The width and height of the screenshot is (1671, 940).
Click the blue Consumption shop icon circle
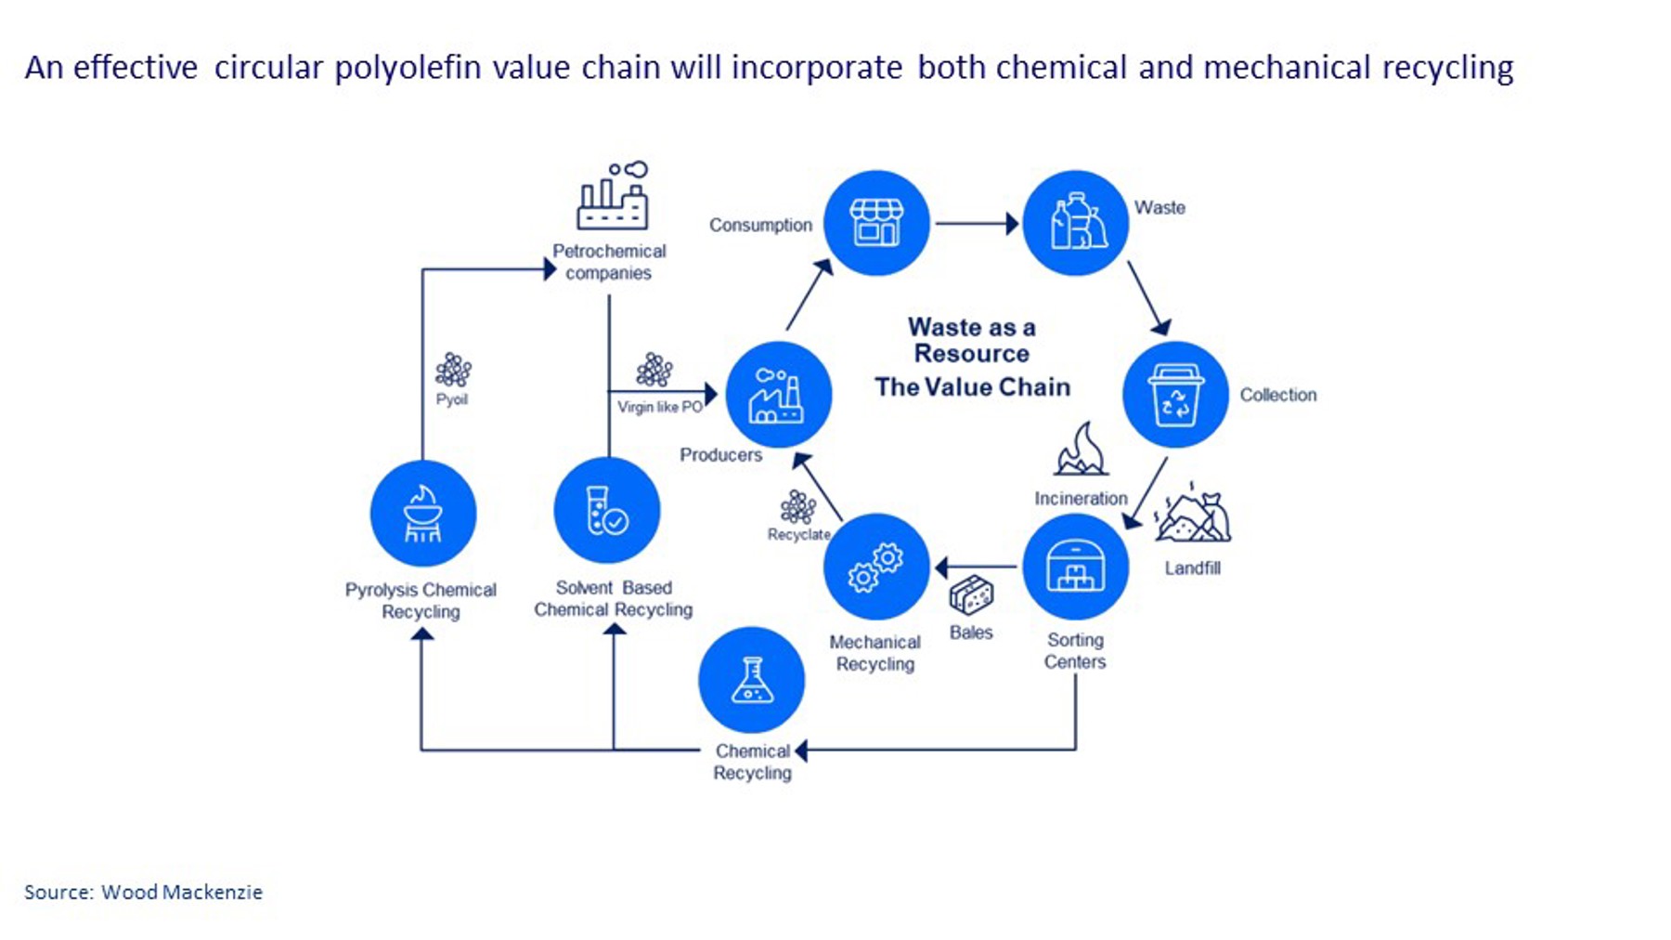click(876, 223)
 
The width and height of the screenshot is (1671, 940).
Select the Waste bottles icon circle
click(1075, 223)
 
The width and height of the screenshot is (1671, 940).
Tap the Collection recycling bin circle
click(1175, 395)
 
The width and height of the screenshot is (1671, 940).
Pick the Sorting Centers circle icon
click(1075, 567)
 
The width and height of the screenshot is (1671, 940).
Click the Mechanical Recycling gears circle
click(876, 567)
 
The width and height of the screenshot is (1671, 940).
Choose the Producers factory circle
click(778, 395)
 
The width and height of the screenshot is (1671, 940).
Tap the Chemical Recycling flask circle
click(752, 680)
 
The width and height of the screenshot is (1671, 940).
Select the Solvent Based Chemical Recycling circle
click(607, 511)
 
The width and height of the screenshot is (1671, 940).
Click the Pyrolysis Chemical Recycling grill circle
click(423, 513)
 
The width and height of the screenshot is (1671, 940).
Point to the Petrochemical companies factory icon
click(612, 196)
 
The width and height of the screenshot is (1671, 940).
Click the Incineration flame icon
click(1081, 450)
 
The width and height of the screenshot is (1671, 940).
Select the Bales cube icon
click(971, 594)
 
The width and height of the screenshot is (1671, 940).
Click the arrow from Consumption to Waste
click(976, 223)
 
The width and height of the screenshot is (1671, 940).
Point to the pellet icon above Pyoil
click(453, 370)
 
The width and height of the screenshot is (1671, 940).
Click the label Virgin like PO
click(660, 407)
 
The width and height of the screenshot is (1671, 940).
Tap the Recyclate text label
click(798, 534)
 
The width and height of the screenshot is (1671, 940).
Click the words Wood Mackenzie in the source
click(182, 892)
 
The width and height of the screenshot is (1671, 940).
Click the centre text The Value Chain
click(972, 386)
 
